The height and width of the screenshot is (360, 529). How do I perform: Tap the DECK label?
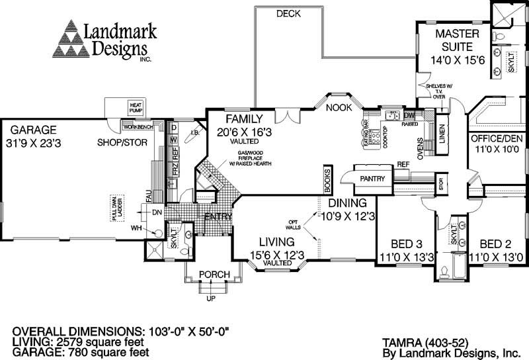click(x=289, y=13)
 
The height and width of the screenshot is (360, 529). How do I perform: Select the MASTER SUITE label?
click(x=453, y=40)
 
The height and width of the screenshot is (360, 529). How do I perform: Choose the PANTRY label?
click(x=372, y=179)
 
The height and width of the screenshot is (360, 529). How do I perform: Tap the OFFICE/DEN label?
click(x=496, y=139)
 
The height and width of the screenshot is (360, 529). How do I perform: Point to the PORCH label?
click(x=215, y=275)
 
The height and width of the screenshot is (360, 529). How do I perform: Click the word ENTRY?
click(x=218, y=217)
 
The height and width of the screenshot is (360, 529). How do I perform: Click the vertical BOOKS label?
click(x=327, y=179)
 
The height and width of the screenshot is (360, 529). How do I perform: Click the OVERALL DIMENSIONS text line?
click(x=125, y=330)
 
